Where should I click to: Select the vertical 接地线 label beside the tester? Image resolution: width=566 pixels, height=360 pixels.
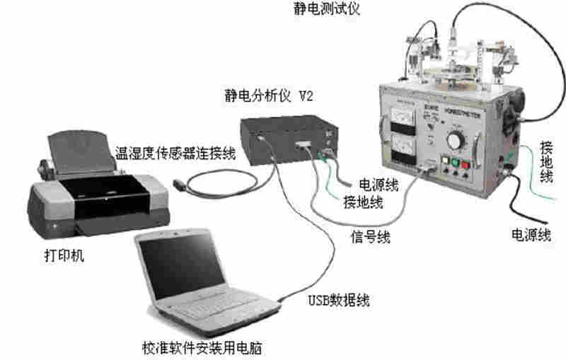pos(546,162)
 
